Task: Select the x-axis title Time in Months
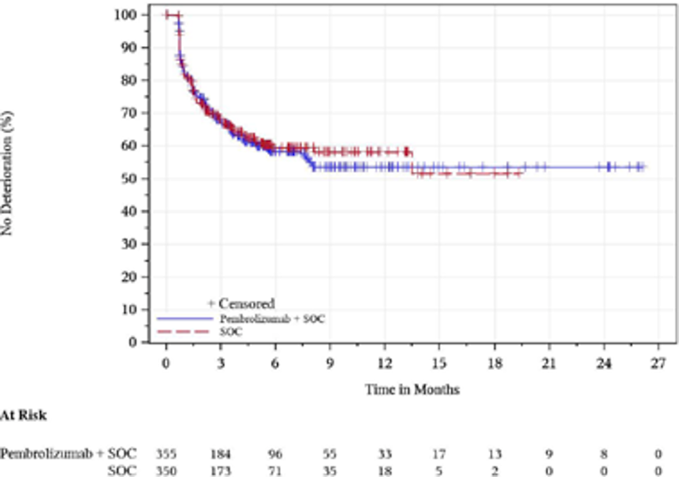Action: click(x=412, y=389)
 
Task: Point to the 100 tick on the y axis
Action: click(x=129, y=15)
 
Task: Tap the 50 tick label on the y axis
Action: click(x=129, y=178)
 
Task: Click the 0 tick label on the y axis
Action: click(x=133, y=341)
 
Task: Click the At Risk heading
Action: click(x=22, y=415)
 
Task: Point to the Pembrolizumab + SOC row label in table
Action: click(x=68, y=452)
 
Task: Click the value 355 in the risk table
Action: click(x=166, y=452)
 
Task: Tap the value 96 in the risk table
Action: click(x=275, y=452)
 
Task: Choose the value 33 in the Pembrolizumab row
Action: click(x=384, y=452)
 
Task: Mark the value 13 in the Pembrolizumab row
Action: click(x=493, y=452)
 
